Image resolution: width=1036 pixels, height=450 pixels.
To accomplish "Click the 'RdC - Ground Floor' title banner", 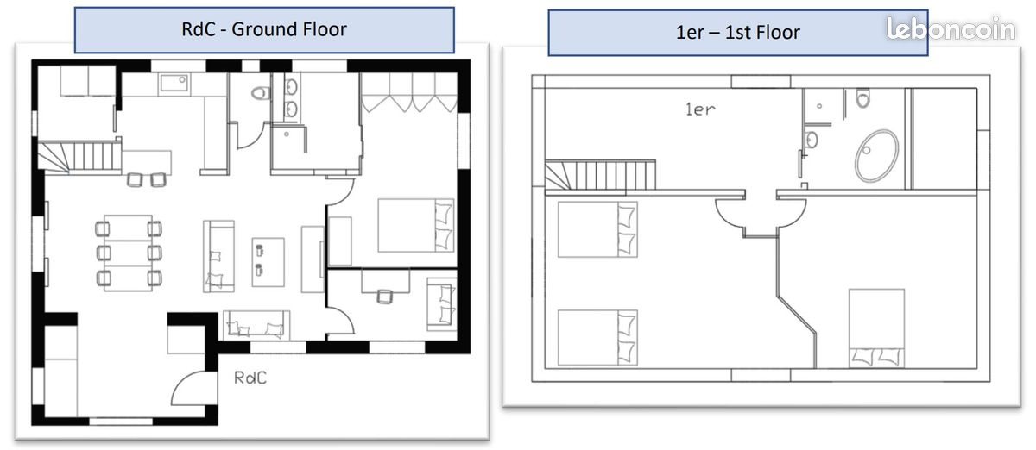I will (x=263, y=30).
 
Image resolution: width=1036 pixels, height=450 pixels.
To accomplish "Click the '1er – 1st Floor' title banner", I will (x=737, y=34).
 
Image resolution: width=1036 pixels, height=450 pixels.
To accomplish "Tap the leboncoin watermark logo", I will (x=951, y=29).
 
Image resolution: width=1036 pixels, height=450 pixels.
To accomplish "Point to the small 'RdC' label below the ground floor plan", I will (x=250, y=378).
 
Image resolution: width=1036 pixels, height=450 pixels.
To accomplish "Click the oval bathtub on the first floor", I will (x=876, y=156).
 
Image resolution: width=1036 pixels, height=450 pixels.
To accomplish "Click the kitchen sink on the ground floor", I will (x=175, y=83).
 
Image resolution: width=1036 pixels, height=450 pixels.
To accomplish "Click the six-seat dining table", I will (x=129, y=253).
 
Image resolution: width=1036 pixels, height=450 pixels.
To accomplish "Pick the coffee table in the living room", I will (x=268, y=259).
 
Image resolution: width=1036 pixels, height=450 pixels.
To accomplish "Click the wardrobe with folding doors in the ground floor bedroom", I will (x=408, y=92).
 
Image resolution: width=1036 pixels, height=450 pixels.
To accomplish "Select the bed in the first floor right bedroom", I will (x=876, y=328).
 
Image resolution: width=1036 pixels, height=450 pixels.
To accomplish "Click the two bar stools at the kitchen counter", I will (x=146, y=179).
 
